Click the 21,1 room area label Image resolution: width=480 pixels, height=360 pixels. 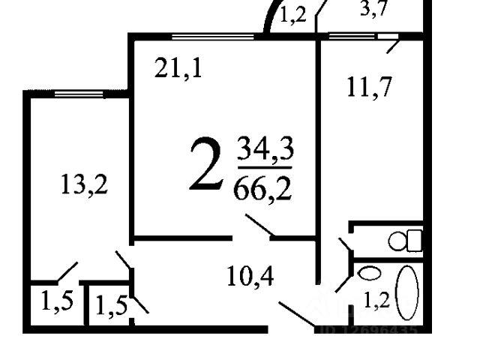(x=178, y=70)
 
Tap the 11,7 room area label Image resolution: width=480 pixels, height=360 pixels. (x=370, y=88)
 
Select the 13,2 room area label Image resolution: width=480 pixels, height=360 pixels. (x=84, y=184)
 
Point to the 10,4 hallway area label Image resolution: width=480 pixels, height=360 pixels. (x=250, y=277)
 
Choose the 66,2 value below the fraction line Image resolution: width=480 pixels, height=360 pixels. (x=263, y=186)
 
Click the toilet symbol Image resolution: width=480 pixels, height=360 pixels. (x=405, y=241)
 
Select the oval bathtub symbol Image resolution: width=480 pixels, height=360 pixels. (x=406, y=292)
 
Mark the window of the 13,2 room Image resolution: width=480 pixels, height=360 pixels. (x=79, y=94)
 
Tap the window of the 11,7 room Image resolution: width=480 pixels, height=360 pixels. (x=352, y=35)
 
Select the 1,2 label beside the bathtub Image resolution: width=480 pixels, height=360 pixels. (x=376, y=301)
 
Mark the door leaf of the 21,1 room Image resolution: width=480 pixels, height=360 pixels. (x=259, y=226)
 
